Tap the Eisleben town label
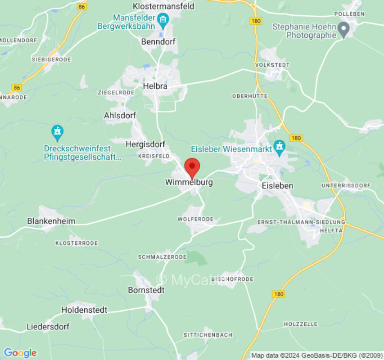click(x=277, y=185)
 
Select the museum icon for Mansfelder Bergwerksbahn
click(x=163, y=19)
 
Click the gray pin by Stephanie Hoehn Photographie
click(x=344, y=31)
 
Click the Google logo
click(x=20, y=353)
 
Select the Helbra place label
click(x=155, y=85)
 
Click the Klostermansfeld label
click(x=164, y=6)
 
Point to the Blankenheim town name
click(x=51, y=221)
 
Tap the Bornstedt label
click(x=146, y=290)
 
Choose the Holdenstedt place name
click(x=84, y=310)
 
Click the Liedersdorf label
click(x=48, y=327)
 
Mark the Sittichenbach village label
click(x=208, y=335)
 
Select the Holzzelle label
click(x=300, y=324)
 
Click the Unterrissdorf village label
click(x=346, y=185)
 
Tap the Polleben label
click(x=349, y=14)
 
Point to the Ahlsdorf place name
click(x=120, y=115)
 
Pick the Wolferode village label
click(x=195, y=219)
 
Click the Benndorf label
click(x=158, y=41)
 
